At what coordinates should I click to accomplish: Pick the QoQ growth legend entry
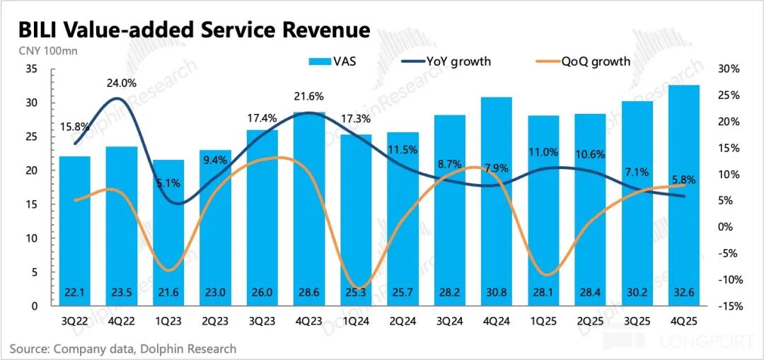584,61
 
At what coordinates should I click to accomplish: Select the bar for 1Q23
168,233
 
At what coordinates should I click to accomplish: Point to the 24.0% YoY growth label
122,82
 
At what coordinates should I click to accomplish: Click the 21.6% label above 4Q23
308,96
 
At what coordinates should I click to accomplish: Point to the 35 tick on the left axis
31,69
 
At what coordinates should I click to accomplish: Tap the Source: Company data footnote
123,349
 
